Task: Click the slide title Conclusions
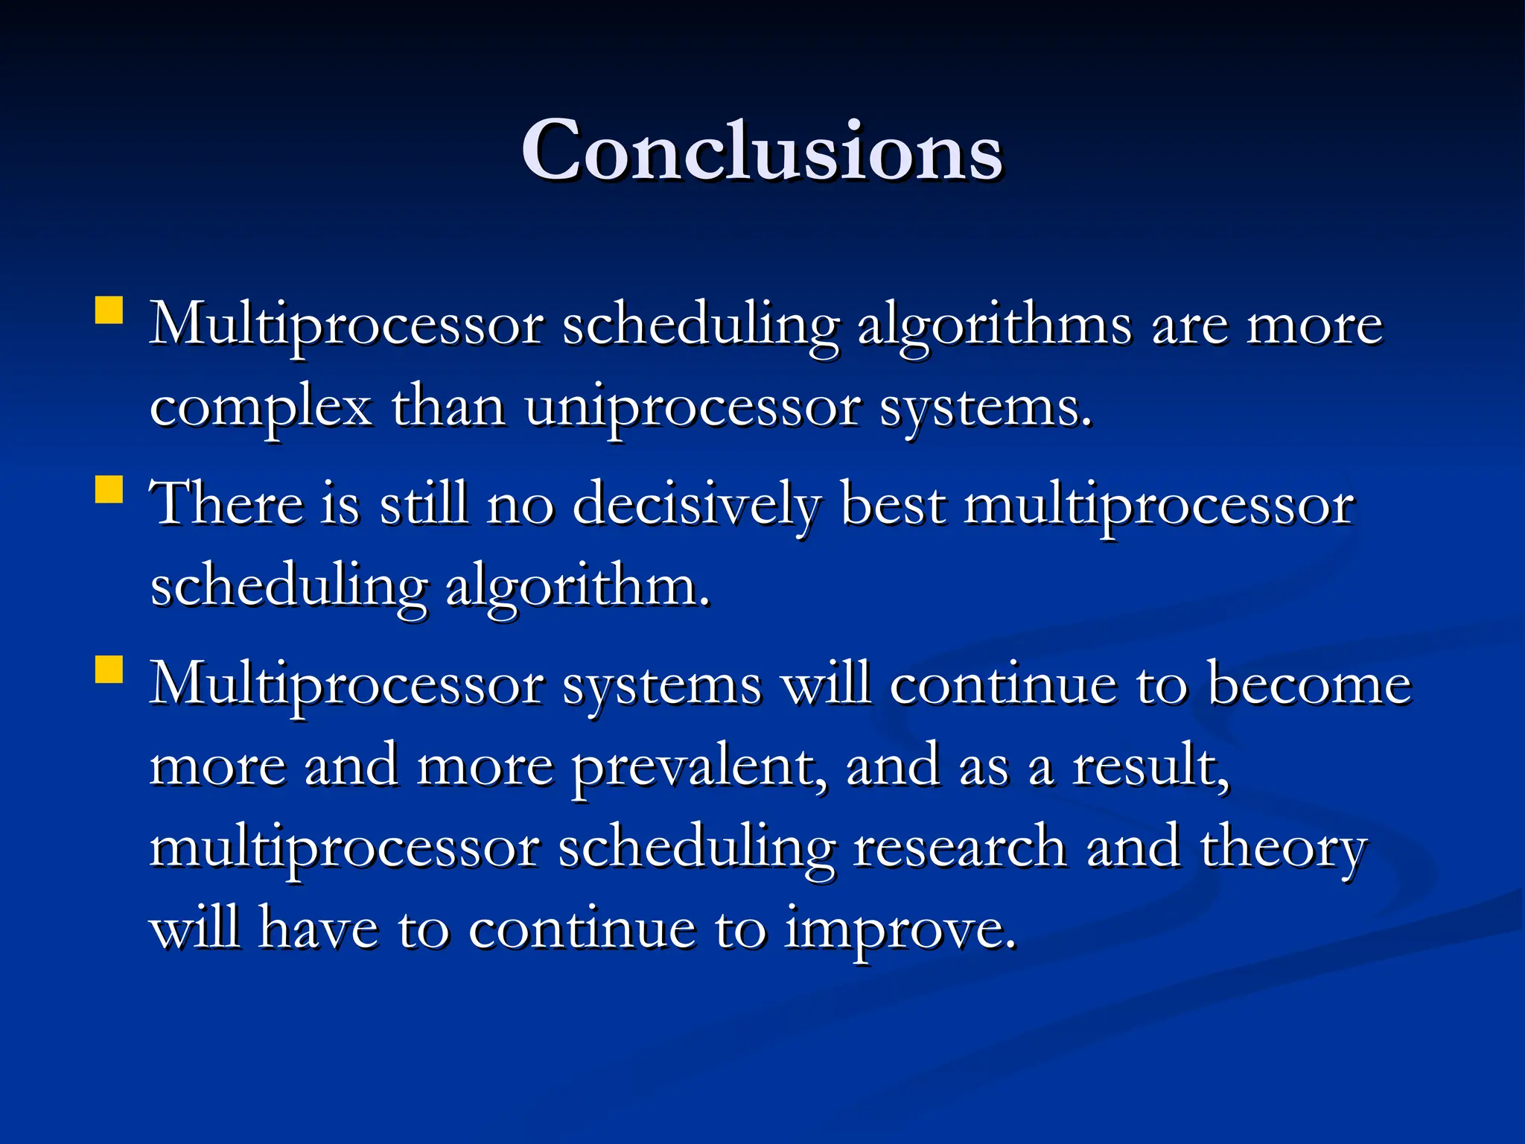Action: [762, 151]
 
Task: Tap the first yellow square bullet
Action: [109, 311]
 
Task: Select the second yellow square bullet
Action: [109, 491]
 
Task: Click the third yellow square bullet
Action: [109, 670]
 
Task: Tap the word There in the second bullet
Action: [226, 504]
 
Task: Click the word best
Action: [893, 504]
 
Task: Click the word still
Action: [424, 504]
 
